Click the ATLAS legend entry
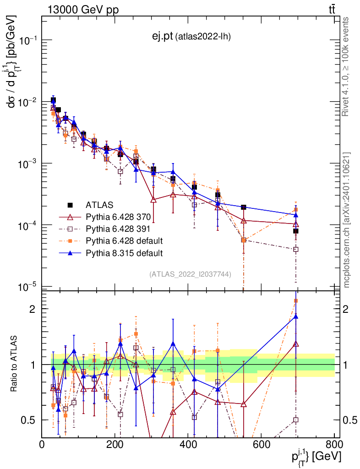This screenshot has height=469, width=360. [x=98, y=205]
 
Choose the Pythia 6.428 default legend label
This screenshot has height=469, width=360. [x=124, y=240]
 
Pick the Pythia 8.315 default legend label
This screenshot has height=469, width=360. [x=124, y=252]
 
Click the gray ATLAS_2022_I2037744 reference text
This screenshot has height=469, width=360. [x=190, y=274]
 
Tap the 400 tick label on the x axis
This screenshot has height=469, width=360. [x=188, y=445]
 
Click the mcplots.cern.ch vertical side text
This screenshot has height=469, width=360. [x=347, y=220]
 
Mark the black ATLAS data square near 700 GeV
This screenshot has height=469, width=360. [x=296, y=231]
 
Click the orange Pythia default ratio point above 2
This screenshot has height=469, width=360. [x=296, y=301]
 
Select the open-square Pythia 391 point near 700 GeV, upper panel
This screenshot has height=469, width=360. [x=296, y=250]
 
